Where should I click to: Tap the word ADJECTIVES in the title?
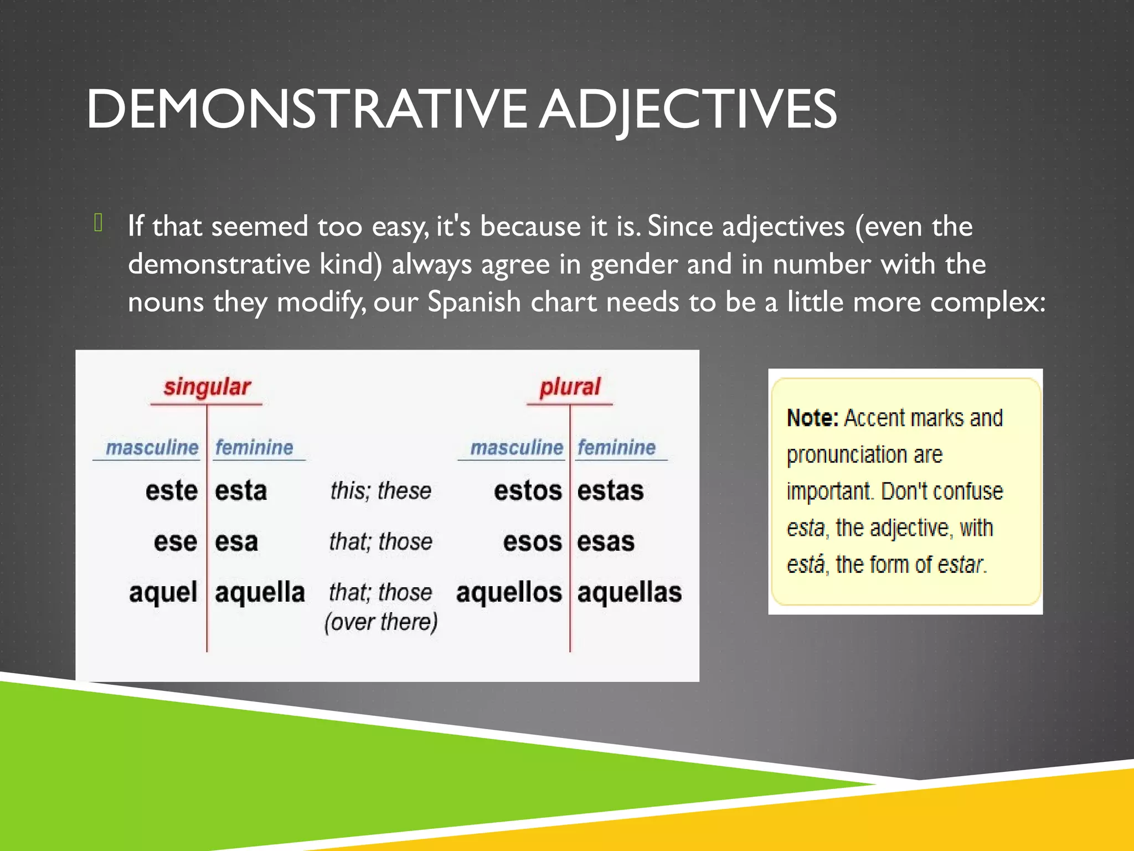pos(688,109)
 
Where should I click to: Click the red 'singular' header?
pos(207,387)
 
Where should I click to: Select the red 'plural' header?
pos(570,387)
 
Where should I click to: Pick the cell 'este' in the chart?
pos(172,491)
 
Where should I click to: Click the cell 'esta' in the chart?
pos(241,491)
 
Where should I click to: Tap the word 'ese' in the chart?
pos(176,541)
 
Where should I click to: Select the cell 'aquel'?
pos(163,592)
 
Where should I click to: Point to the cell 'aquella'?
pos(260,592)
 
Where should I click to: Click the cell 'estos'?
pos(528,491)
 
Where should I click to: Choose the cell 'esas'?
pos(606,541)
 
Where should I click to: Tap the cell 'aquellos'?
pos(509,592)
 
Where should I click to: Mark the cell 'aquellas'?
pos(630,592)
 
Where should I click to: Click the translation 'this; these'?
pos(381,491)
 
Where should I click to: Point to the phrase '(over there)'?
pos(381,622)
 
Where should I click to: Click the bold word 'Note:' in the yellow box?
pos(812,418)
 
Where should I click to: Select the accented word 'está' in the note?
pos(806,565)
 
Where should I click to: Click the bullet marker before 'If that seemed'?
pos(99,223)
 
